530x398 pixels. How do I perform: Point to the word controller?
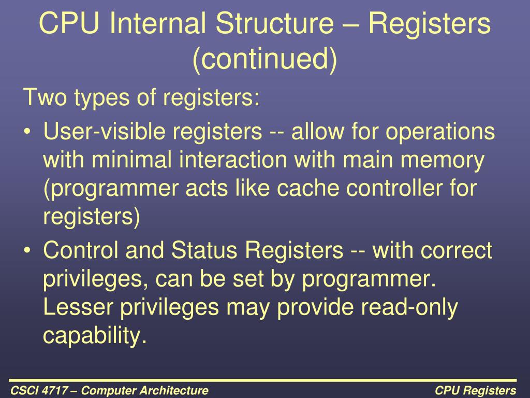(402, 189)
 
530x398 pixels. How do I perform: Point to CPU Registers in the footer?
(475, 390)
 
